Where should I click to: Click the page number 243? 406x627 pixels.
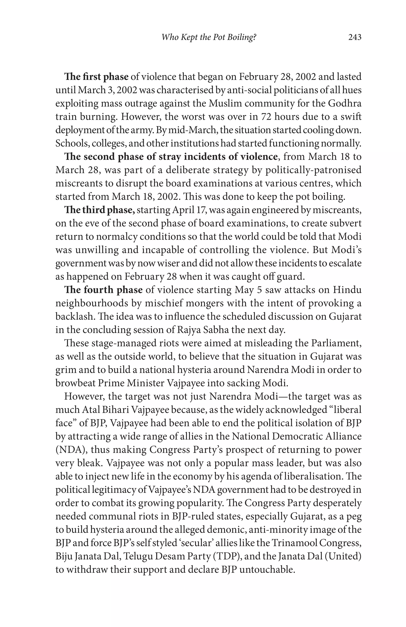pos(354,37)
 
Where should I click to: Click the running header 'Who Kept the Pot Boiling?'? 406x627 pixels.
pos(209,37)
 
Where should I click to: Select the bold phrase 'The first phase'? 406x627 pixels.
pos(96,77)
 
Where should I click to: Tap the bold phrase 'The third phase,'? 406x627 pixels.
pos(100,210)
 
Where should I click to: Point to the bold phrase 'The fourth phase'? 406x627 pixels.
pos(103,290)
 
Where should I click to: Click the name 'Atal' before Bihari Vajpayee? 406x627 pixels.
pos(91,410)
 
